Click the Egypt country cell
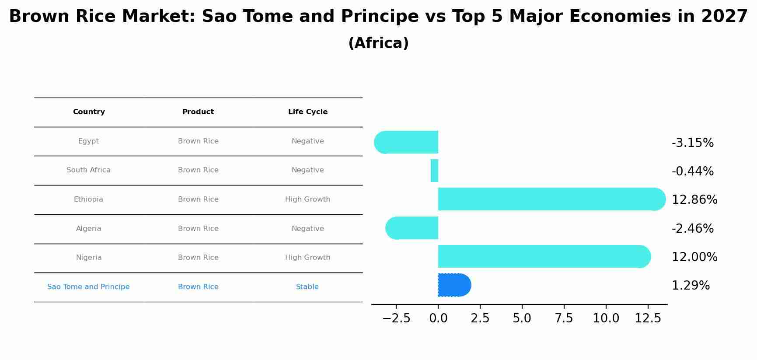(x=88, y=141)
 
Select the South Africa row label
(x=88, y=170)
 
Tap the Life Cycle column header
(x=307, y=112)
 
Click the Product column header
(x=198, y=112)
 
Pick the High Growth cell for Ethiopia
(x=307, y=199)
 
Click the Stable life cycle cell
(x=307, y=287)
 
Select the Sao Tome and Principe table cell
(x=88, y=287)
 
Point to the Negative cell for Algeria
(x=307, y=229)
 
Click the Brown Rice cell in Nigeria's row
(x=198, y=258)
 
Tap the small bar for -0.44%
(x=434, y=171)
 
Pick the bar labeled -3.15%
(x=407, y=142)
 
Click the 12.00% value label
(x=694, y=257)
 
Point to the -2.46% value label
(x=692, y=229)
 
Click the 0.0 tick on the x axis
(x=438, y=318)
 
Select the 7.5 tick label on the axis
(x=564, y=318)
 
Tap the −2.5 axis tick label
(x=396, y=318)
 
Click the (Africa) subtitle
(x=378, y=43)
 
